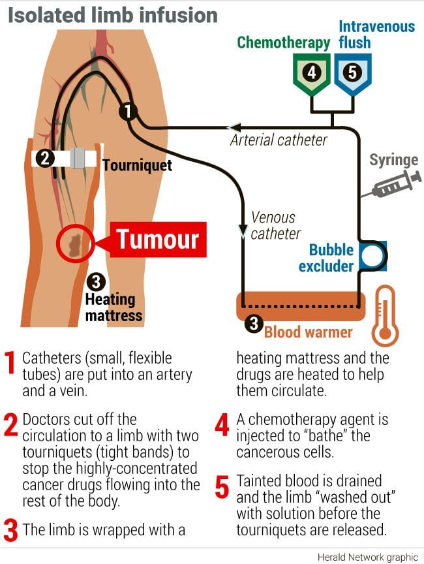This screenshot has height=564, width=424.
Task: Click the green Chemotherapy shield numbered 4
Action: pyautogui.click(x=312, y=72)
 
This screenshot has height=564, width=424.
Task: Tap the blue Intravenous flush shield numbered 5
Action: pyautogui.click(x=352, y=72)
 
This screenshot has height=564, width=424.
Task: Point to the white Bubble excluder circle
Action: pyautogui.click(x=374, y=256)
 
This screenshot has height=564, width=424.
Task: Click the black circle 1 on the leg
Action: pyautogui.click(x=129, y=112)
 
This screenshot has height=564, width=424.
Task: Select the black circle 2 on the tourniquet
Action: pyautogui.click(x=45, y=158)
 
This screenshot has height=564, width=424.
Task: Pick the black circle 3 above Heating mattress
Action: pyautogui.click(x=96, y=282)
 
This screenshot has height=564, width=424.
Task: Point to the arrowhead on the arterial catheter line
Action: pyautogui.click(x=233, y=127)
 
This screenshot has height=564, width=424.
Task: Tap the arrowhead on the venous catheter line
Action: pyautogui.click(x=243, y=230)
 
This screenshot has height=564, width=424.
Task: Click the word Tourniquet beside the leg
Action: pyautogui.click(x=137, y=164)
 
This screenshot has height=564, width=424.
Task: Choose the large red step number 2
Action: pyautogui.click(x=10, y=424)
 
